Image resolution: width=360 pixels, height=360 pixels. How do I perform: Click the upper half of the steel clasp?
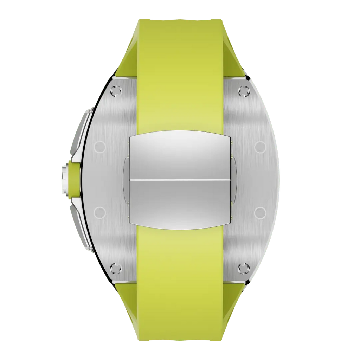[180, 156]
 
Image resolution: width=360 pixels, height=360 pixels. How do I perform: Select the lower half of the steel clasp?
[180, 202]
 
